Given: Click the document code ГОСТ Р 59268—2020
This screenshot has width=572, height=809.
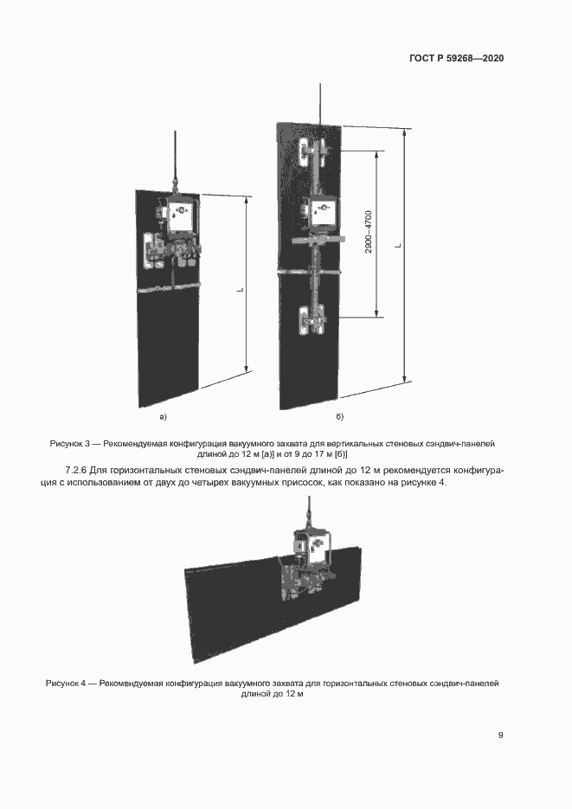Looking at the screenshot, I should pyautogui.click(x=456, y=59).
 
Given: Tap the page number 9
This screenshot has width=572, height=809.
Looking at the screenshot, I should pyautogui.click(x=500, y=735).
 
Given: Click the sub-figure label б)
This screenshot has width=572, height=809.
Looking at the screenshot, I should pyautogui.click(x=340, y=418).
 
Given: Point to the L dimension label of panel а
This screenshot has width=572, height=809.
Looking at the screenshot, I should pyautogui.click(x=239, y=291).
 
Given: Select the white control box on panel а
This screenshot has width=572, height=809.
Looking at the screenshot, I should pyautogui.click(x=182, y=217).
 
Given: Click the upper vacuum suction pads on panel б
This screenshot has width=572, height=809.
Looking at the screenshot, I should pyautogui.click(x=312, y=154).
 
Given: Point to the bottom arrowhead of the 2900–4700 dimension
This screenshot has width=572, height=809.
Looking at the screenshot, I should pyautogui.click(x=377, y=313).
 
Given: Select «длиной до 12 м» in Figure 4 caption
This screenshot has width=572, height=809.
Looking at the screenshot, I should pyautogui.click(x=272, y=695).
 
